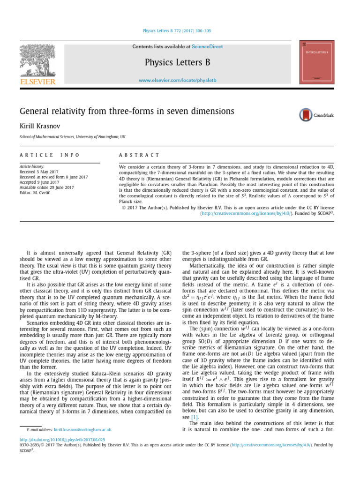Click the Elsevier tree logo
click(37, 60)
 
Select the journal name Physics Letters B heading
click(177, 62)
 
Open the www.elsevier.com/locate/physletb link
click(177, 81)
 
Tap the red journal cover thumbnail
click(316, 62)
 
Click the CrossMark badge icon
click(316, 115)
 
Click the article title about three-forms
click(127, 111)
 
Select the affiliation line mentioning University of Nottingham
click(73, 137)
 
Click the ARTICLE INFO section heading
click(50, 155)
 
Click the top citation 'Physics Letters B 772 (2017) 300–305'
click(177, 31)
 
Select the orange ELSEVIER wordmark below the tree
click(37, 82)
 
